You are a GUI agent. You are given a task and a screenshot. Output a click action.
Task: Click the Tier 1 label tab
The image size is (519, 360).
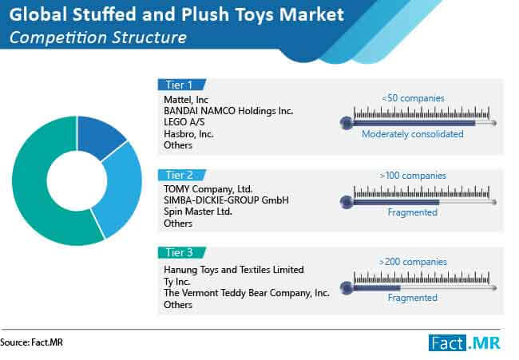(179, 84)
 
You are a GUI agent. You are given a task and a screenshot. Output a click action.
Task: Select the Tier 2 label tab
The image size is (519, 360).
(179, 174)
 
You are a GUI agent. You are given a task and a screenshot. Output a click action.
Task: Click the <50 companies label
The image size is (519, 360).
(413, 98)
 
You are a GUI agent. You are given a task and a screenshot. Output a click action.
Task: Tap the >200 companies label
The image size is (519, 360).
(413, 260)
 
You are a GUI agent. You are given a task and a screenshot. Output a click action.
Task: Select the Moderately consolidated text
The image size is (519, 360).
(413, 135)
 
